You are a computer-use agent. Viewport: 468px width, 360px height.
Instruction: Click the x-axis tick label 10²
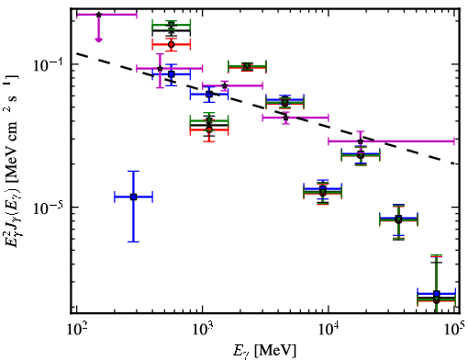click(x=77, y=330)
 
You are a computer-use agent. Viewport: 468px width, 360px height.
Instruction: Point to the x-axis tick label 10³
click(x=203, y=330)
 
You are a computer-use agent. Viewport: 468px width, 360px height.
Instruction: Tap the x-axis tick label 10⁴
click(x=329, y=330)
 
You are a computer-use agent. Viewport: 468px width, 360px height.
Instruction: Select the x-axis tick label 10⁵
click(x=455, y=330)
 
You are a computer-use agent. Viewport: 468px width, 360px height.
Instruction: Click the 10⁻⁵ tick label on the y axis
click(x=48, y=208)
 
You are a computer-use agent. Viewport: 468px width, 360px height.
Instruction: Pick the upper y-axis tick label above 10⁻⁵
click(x=48, y=65)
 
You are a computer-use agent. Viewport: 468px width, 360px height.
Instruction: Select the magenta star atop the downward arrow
click(x=98, y=15)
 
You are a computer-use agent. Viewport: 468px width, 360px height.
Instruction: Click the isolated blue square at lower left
click(x=133, y=197)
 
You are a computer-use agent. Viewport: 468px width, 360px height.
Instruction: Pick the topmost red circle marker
click(x=172, y=45)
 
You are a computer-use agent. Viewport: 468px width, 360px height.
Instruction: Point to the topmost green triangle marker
click(x=172, y=25)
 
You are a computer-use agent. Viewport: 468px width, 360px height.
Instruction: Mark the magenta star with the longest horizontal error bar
click(x=361, y=141)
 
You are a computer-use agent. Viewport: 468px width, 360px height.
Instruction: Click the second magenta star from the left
click(x=160, y=68)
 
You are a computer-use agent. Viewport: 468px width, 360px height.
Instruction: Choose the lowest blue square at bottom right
click(x=437, y=294)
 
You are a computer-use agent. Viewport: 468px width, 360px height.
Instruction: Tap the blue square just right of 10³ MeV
click(x=209, y=94)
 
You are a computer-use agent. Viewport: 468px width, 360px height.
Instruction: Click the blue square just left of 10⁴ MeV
click(x=322, y=188)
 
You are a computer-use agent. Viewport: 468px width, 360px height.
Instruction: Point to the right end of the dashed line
click(x=456, y=163)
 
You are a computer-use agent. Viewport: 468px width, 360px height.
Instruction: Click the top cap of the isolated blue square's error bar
click(x=133, y=171)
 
